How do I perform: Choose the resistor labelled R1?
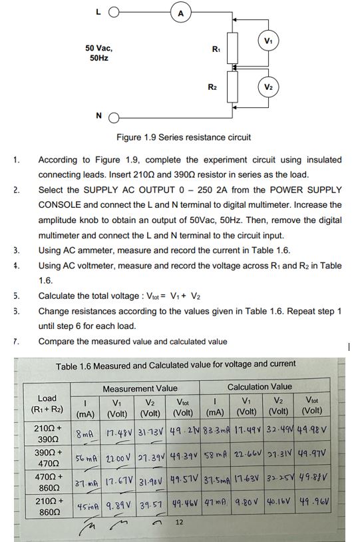pyautogui.click(x=232, y=47)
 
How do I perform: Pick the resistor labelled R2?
pyautogui.click(x=232, y=86)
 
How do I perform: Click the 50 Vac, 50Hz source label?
pyautogui.click(x=98, y=53)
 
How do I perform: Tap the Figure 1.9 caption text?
pyautogui.click(x=184, y=137)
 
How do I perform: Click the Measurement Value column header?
pyautogui.click(x=140, y=388)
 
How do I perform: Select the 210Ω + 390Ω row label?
pyautogui.click(x=48, y=430)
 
